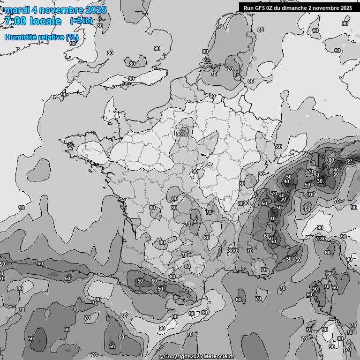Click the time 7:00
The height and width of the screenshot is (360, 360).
click(x=15, y=21)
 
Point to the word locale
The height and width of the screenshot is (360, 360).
click(x=45, y=21)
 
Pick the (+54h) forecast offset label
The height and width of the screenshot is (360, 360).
click(x=81, y=21)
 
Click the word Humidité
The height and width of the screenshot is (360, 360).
click(x=22, y=37)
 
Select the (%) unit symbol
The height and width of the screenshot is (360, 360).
click(x=72, y=37)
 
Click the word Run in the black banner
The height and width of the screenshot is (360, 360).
click(x=249, y=7)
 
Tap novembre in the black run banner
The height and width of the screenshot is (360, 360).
click(x=327, y=7)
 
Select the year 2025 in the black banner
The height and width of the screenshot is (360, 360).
click(x=345, y=7)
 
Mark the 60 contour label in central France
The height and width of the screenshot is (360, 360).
click(x=195, y=221)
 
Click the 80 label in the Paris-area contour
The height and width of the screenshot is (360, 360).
click(x=179, y=134)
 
